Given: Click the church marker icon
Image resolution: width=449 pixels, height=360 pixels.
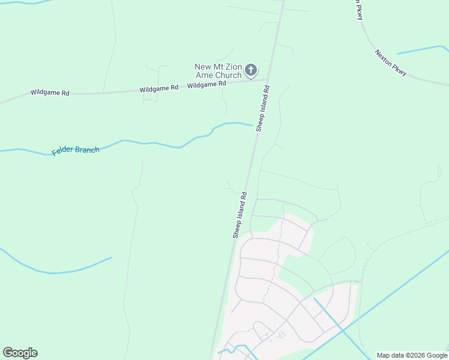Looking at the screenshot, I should (252, 70).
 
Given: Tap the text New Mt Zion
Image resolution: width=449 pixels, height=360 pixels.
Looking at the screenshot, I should (218, 67).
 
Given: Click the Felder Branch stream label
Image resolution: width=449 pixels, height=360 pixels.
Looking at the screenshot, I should (76, 150).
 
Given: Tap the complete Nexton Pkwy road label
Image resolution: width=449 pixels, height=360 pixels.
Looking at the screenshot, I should (391, 62).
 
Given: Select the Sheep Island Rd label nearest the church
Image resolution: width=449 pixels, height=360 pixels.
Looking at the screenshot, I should (263, 107).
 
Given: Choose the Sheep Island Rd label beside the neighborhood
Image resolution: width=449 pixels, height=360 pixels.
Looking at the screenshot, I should (240, 215).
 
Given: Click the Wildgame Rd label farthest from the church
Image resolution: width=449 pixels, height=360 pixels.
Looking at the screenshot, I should (50, 93).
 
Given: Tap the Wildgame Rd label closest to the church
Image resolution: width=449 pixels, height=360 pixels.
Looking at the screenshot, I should (206, 85).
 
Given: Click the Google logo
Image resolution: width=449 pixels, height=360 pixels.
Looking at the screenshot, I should (20, 353).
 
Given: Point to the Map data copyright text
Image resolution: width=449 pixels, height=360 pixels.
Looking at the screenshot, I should (412, 355).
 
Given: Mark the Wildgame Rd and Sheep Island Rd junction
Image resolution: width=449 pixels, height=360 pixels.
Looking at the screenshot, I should (268, 79).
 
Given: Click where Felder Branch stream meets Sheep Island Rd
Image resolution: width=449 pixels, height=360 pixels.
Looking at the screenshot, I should (254, 125).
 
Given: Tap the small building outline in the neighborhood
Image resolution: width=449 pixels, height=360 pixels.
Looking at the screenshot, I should (282, 334).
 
